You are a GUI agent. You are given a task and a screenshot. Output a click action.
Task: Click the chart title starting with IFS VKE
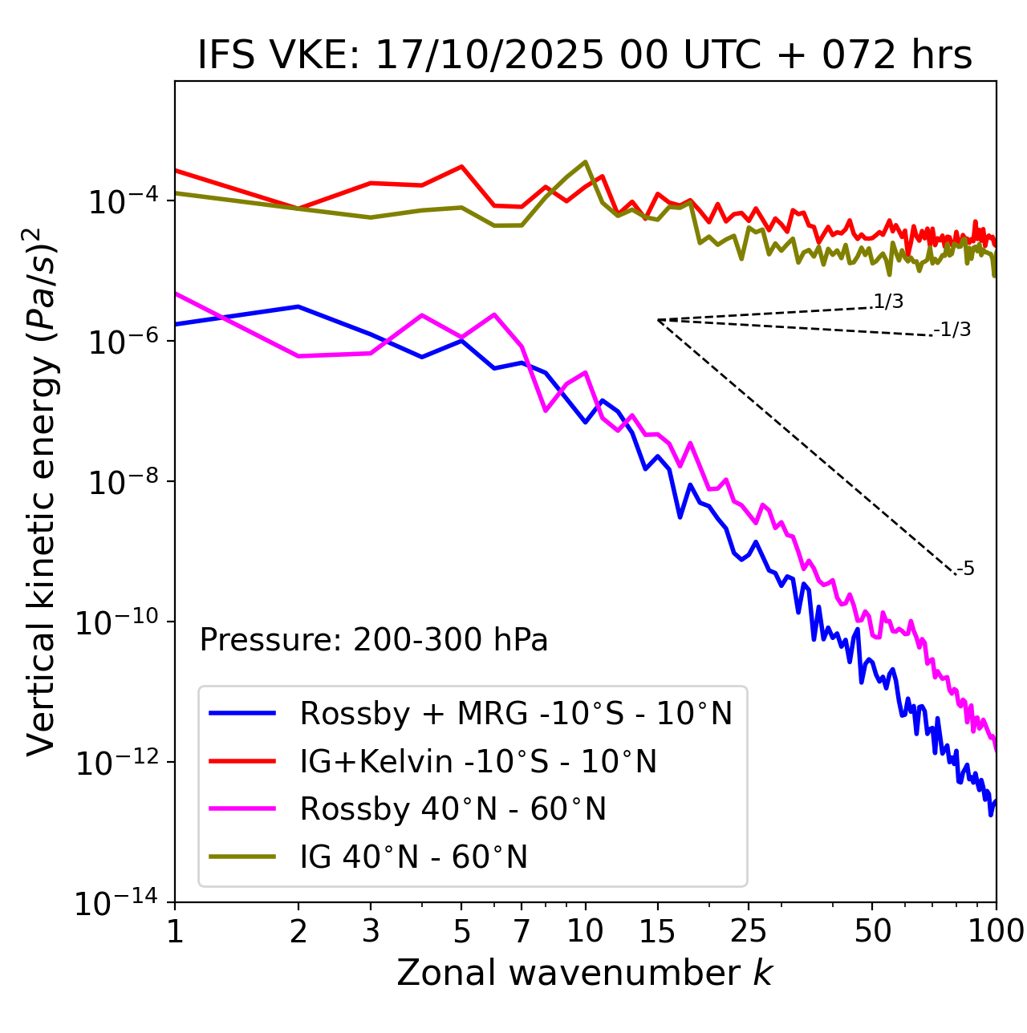click(x=585, y=56)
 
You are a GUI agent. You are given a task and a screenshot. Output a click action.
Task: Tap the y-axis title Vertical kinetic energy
click(x=43, y=492)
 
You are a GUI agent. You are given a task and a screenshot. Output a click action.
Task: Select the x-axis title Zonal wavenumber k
click(x=585, y=972)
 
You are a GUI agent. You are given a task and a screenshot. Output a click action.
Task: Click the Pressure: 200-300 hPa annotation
click(x=374, y=640)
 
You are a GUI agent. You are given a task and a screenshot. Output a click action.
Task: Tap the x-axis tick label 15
click(x=657, y=931)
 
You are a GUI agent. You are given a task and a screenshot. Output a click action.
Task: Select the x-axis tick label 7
click(x=522, y=931)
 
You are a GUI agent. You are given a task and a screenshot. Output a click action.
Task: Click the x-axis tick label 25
click(x=749, y=931)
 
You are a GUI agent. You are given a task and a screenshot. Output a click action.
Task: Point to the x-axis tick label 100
click(x=996, y=931)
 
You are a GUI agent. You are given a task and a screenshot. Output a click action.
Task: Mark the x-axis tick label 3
click(x=371, y=931)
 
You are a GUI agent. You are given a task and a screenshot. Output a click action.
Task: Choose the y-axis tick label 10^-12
click(x=117, y=763)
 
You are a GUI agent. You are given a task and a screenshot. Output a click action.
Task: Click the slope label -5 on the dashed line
click(x=966, y=569)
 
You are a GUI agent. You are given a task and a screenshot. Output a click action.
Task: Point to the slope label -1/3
click(x=954, y=330)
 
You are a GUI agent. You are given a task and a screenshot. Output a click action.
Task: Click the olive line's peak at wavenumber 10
click(x=586, y=162)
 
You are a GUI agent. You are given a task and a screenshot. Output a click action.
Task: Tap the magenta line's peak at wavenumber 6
click(x=494, y=314)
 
